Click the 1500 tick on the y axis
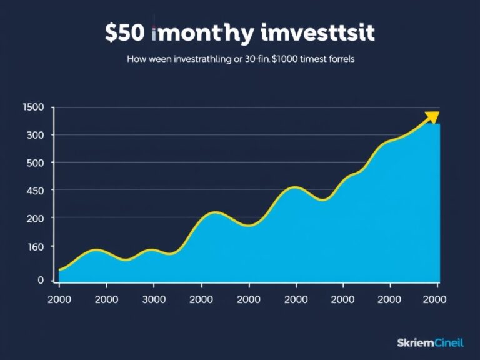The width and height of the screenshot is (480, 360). coord(33,107)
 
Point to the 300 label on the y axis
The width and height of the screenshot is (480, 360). coord(36,135)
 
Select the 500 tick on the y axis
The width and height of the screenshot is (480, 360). coord(36,162)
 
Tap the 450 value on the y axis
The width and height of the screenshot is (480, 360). coord(36,190)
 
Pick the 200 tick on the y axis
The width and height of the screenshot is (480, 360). coord(36,218)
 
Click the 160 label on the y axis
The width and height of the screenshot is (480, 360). coord(36,247)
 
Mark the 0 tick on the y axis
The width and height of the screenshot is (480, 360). coord(41,280)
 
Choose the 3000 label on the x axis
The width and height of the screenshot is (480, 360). coord(154,299)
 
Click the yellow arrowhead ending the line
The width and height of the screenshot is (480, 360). coord(432,117)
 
